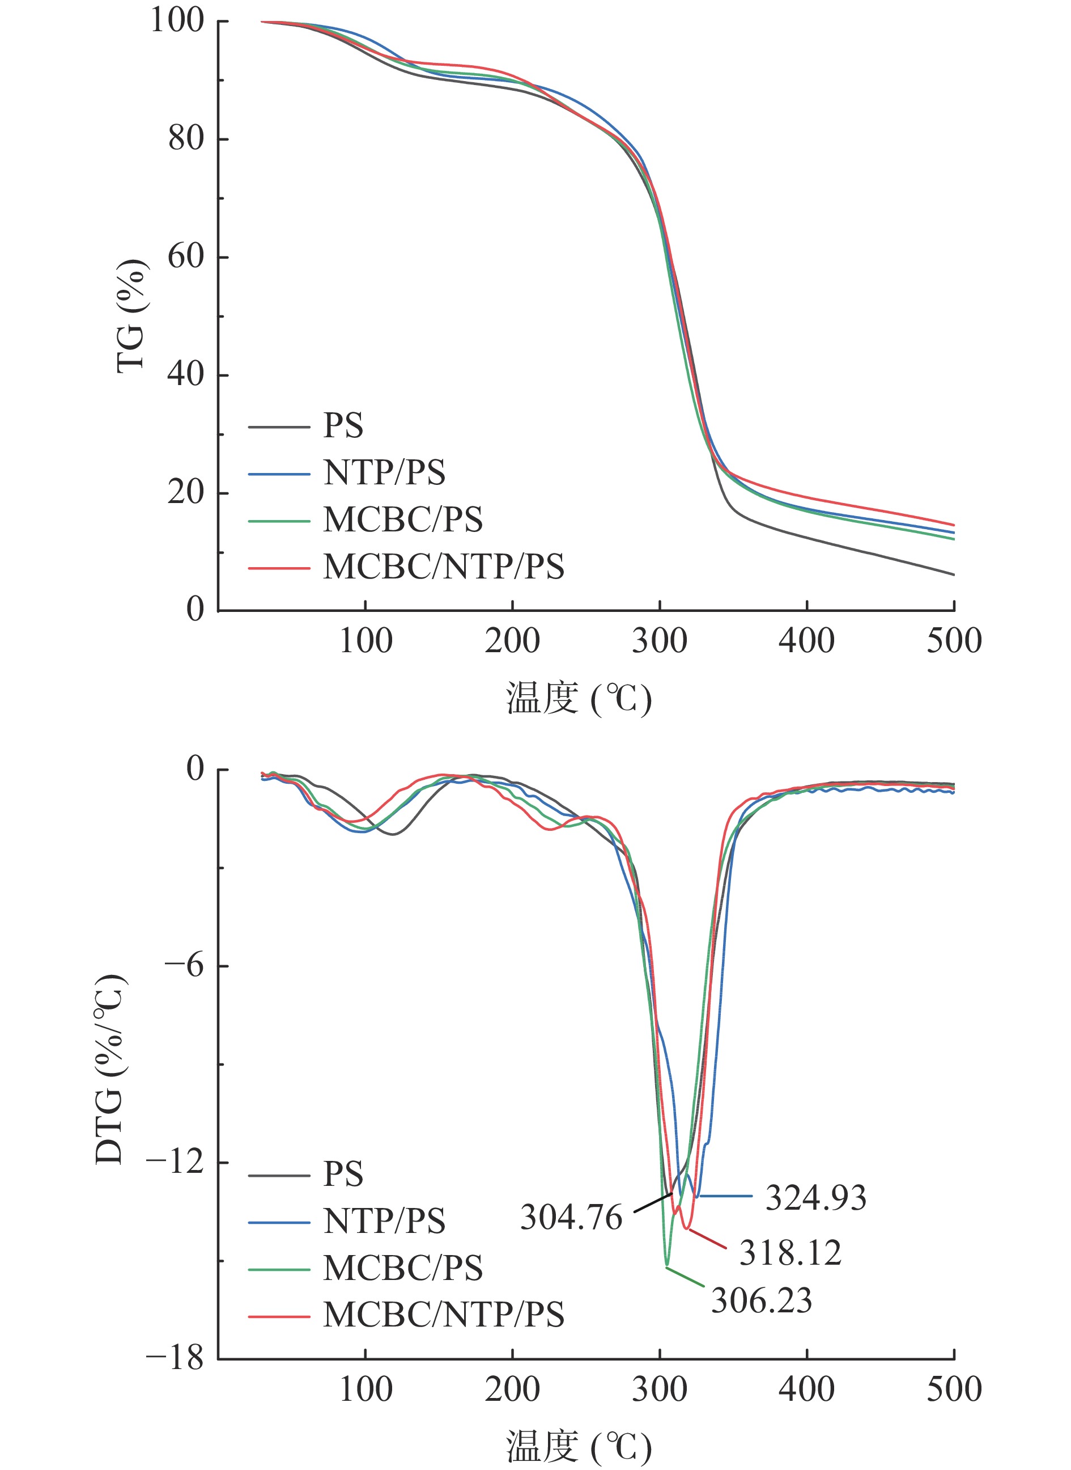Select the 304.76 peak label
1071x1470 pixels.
571,1218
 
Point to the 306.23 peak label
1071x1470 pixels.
761,1300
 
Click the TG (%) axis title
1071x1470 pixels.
131,316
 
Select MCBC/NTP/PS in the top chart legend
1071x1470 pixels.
444,567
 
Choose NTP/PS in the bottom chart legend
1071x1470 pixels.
384,1221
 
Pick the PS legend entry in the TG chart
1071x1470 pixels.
343,425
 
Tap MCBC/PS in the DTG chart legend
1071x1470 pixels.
402,1268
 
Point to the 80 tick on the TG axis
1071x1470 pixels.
186,138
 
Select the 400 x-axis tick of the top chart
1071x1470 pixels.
806,641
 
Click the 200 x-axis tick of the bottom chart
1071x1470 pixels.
512,1389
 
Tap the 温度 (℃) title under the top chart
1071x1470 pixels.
579,699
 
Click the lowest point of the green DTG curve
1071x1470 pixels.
666,1266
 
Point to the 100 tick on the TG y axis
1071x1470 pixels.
177,21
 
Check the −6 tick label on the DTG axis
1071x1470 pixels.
184,965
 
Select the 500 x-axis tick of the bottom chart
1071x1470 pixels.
954,1389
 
